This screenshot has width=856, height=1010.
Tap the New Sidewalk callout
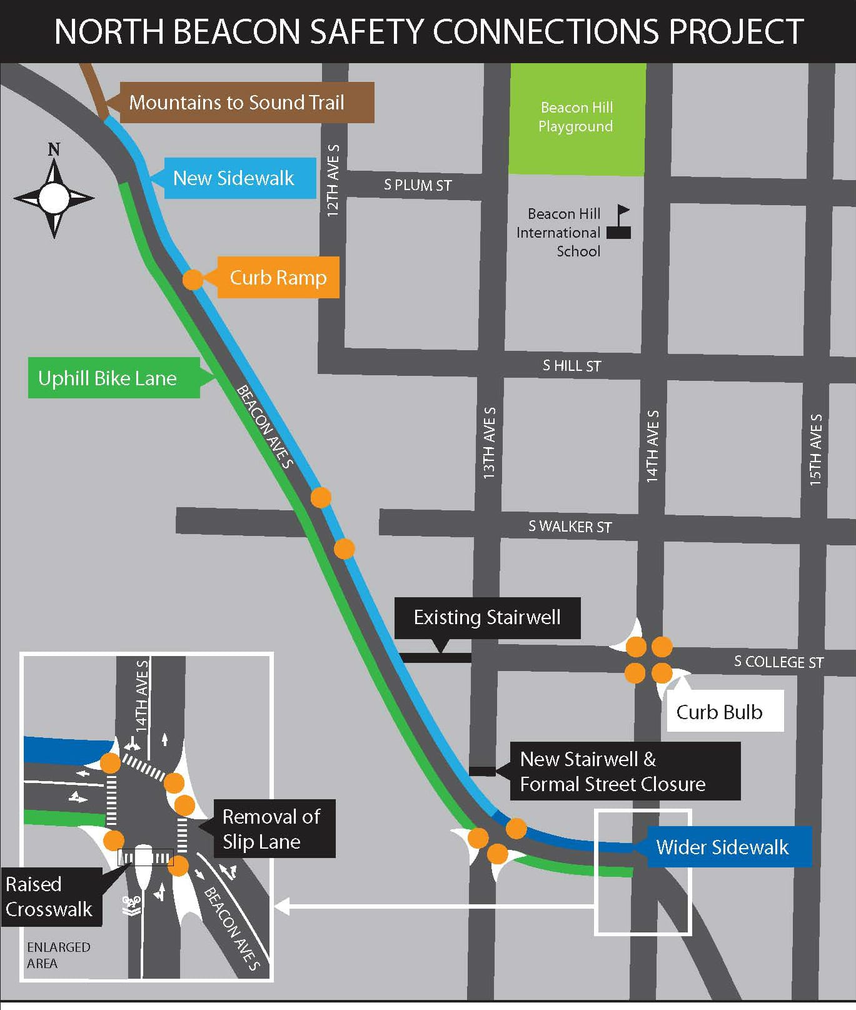[239, 178]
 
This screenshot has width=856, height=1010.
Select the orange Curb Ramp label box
[278, 278]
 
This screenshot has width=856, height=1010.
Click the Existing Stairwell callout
[487, 618]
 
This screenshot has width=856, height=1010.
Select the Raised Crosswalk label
[50, 896]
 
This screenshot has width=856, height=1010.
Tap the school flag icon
[620, 222]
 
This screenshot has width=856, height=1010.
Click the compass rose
[54, 197]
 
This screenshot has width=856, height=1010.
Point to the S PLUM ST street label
[418, 185]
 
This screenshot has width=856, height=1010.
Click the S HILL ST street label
[572, 366]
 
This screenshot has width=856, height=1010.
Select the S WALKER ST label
[570, 527]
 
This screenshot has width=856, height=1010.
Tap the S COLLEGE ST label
[778, 662]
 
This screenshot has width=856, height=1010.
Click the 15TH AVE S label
[815, 450]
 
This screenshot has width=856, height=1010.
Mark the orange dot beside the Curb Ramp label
[193, 280]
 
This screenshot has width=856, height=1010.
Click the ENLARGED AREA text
[58, 955]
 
